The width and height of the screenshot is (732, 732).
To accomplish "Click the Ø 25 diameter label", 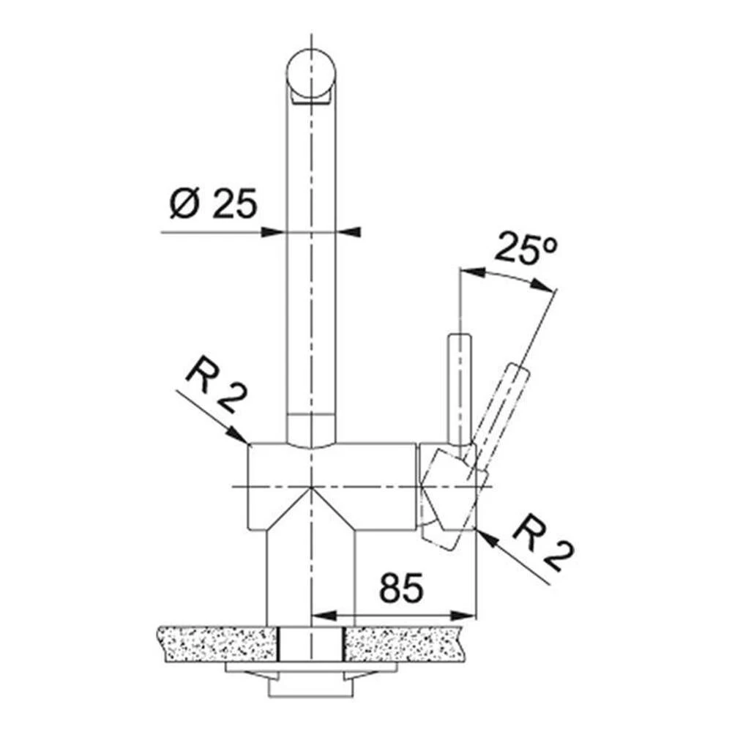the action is point(214,204).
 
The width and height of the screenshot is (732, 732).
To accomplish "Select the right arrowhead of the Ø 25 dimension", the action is point(348,232).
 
